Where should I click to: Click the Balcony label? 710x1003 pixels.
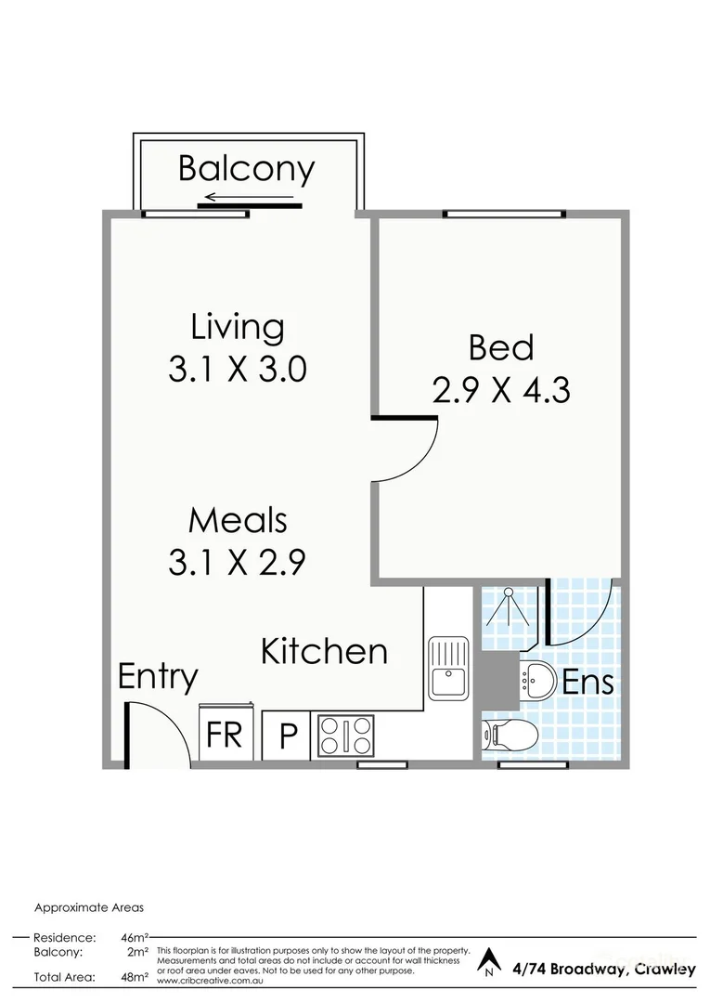pos(246,169)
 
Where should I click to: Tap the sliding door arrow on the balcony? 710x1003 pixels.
pos(251,197)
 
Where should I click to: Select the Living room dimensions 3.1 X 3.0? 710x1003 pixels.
pos(237,371)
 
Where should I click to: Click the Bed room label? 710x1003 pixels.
pos(501,347)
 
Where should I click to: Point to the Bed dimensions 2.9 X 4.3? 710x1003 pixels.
pos(501,390)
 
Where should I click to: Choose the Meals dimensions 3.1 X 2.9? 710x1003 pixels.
pos(237,563)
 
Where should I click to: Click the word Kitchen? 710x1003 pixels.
pos(323,651)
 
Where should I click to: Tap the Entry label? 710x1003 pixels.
pos(158,677)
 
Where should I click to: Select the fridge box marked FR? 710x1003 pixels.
pos(224,736)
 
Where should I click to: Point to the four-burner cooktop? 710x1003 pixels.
pos(345,736)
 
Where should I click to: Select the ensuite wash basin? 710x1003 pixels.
pos(536,682)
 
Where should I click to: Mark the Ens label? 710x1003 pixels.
pos(588,683)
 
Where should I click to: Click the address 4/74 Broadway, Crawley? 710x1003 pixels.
pos(603,969)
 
